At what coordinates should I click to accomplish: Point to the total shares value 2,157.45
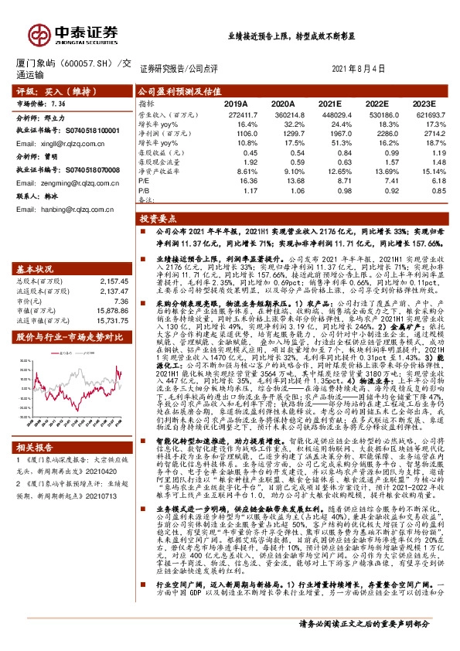pos(112,281)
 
